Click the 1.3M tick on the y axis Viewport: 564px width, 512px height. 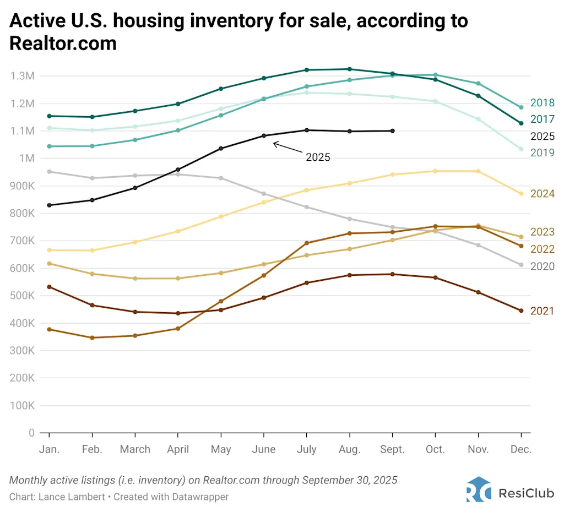22,76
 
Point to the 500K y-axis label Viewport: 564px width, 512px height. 22,296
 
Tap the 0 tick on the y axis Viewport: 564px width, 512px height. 31,433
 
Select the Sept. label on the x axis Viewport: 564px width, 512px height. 392,449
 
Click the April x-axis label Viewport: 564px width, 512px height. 177,449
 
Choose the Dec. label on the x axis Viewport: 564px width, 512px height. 520,449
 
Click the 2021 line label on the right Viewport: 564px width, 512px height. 542,311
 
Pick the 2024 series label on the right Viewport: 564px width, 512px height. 542,194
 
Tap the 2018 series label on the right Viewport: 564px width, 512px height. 542,103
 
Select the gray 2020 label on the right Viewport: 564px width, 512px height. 542,266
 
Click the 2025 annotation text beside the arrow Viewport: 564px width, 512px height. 318,157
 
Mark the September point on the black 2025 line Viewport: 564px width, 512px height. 392,130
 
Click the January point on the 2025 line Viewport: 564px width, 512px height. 49,205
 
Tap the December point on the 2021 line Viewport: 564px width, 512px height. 520,311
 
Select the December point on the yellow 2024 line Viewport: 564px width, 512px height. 520,194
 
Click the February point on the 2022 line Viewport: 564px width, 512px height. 92,337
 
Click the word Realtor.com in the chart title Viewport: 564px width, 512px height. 63,43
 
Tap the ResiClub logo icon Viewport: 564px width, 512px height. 478,489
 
